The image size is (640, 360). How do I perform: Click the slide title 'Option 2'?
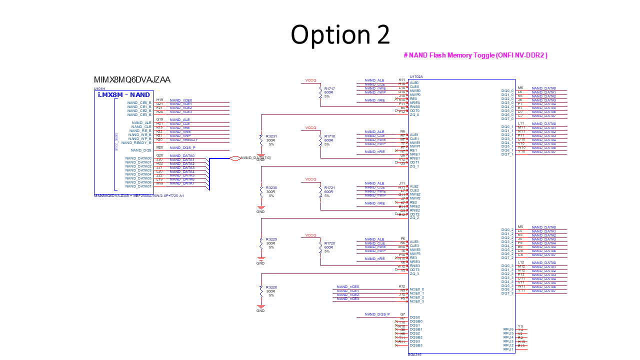340,35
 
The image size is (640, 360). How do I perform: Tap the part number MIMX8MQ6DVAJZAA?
132,80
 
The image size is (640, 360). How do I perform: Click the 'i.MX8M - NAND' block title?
124,94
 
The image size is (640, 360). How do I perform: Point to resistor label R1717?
329,88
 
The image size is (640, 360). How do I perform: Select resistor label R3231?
271,136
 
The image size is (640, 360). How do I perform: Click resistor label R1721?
329,188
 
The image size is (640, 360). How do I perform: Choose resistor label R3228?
271,287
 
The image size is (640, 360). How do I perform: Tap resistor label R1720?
329,243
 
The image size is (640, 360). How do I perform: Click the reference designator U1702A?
416,77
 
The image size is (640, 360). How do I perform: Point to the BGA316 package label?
414,355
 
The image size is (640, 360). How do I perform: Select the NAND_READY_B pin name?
136,142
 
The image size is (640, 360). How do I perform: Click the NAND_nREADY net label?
183,140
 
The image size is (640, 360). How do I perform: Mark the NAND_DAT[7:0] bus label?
255,158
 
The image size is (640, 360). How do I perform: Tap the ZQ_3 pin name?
414,273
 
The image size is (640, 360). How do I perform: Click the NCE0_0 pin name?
416,289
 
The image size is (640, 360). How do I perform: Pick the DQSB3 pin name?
416,345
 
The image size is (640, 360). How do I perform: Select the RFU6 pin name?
508,329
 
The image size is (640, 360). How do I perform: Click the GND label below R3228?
260,310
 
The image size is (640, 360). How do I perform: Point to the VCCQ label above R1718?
311,128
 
